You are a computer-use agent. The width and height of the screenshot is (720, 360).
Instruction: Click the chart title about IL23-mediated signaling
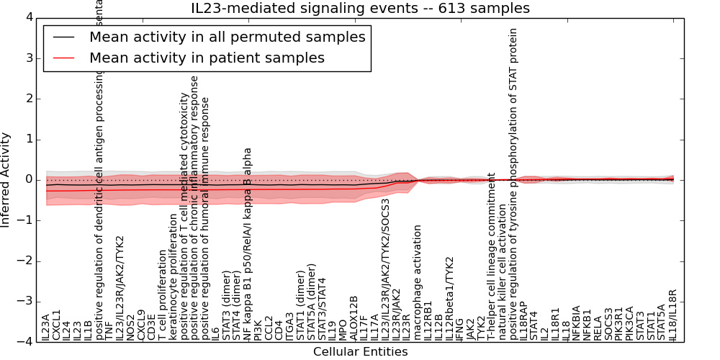pos(360,9)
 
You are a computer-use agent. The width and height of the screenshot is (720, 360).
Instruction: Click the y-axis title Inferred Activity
pos(6,179)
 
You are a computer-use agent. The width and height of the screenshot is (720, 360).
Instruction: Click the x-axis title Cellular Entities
pos(360,352)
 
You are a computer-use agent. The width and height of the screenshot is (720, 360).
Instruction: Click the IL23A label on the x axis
pos(46,326)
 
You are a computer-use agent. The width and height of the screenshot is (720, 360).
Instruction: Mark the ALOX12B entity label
pos(354,318)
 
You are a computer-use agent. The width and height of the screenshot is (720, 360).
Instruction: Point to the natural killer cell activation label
pos(503,270)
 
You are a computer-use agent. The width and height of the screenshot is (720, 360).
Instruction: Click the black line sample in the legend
pos(63,37)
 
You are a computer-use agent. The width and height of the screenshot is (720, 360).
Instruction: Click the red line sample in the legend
pos(63,58)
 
